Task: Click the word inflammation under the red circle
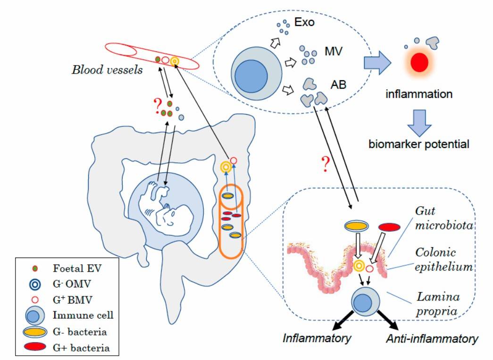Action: pos(419,94)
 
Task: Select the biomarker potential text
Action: pos(419,144)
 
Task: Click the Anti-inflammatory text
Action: pos(432,338)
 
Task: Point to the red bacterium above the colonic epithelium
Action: pos(391,227)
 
